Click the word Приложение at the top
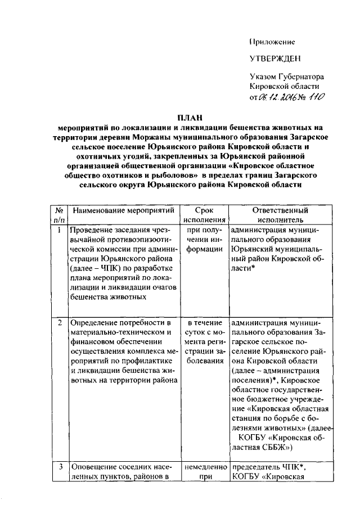(272, 42)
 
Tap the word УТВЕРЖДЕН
(276, 58)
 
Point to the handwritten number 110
(314, 97)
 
